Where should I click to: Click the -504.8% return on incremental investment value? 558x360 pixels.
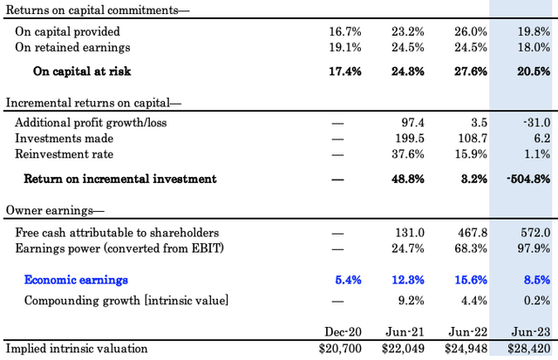(528, 179)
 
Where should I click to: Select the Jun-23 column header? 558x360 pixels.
(531, 332)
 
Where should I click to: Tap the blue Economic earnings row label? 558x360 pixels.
(76, 280)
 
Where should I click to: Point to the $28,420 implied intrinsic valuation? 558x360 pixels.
(529, 349)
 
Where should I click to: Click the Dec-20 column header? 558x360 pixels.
(343, 332)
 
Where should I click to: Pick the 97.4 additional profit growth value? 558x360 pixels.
(412, 123)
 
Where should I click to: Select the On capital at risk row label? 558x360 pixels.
(82, 71)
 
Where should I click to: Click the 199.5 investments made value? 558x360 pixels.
(410, 139)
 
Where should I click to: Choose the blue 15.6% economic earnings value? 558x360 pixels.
(471, 280)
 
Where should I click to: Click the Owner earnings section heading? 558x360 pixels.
(55, 210)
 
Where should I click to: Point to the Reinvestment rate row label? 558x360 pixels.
(64, 154)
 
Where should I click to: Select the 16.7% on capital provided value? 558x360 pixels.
(345, 31)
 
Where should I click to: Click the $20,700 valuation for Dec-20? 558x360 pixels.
(340, 349)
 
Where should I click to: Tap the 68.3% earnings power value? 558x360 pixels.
(471, 248)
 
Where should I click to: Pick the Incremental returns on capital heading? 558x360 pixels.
(93, 103)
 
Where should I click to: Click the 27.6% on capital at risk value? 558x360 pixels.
(471, 71)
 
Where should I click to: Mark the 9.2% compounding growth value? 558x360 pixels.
(411, 301)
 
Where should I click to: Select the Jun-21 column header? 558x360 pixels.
(405, 332)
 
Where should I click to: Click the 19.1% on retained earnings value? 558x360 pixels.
(345, 47)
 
